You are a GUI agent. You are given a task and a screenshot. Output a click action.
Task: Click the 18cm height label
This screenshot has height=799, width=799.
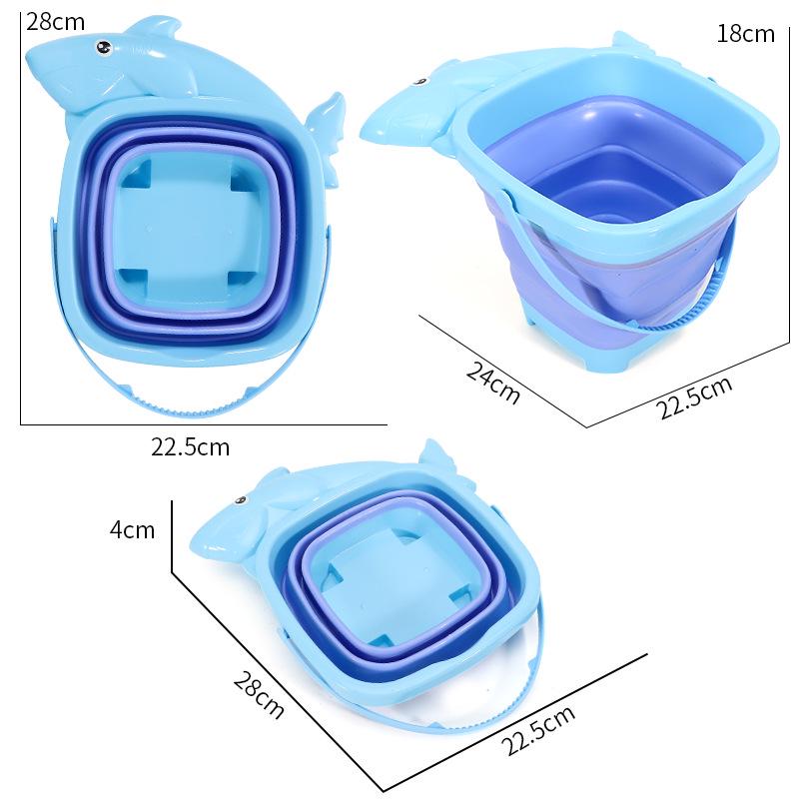pos(745,34)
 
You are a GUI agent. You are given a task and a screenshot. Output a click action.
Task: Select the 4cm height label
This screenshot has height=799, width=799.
pos(132,529)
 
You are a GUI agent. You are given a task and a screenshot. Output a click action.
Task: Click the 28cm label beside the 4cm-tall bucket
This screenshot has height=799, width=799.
pos(258,694)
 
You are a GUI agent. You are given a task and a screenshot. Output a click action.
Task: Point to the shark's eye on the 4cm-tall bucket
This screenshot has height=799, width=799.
pos(240,500)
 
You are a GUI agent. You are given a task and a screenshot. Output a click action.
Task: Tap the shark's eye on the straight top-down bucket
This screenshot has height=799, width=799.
pos(102,45)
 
